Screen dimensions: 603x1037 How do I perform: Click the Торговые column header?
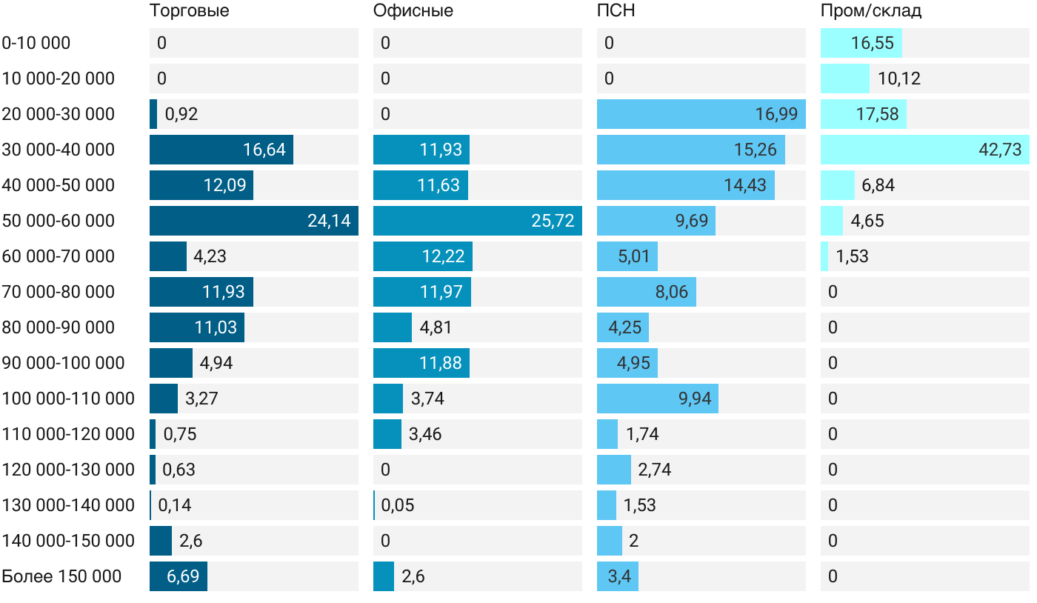tap(189, 11)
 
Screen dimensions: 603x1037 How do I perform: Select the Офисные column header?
tap(413, 11)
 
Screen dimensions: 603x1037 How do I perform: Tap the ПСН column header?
tap(616, 11)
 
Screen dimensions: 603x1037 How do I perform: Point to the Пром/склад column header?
tap(870, 11)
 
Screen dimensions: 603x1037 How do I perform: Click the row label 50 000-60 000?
tap(59, 221)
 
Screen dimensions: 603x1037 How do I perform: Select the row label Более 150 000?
tap(61, 576)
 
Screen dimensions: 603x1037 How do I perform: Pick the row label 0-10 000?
tap(36, 43)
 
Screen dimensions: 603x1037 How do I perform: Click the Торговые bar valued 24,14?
tap(253, 221)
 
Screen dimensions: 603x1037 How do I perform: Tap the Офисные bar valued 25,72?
tap(477, 221)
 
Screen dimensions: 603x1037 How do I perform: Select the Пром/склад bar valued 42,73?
tap(924, 150)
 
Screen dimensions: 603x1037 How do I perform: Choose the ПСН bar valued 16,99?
tap(701, 114)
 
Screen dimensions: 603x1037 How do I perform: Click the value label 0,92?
tap(181, 114)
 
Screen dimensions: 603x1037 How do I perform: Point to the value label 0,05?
tap(398, 505)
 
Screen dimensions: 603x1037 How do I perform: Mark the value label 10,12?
tap(898, 79)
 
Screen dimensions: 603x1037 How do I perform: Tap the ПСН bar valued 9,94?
tap(657, 399)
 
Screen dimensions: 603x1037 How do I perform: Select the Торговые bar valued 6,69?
tap(178, 576)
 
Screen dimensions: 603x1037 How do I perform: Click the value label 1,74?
tap(642, 434)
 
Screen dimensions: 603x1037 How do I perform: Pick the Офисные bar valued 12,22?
tap(422, 256)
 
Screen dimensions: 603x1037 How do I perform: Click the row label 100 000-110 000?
tap(68, 399)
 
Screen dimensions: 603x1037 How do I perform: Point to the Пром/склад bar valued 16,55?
tap(861, 43)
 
